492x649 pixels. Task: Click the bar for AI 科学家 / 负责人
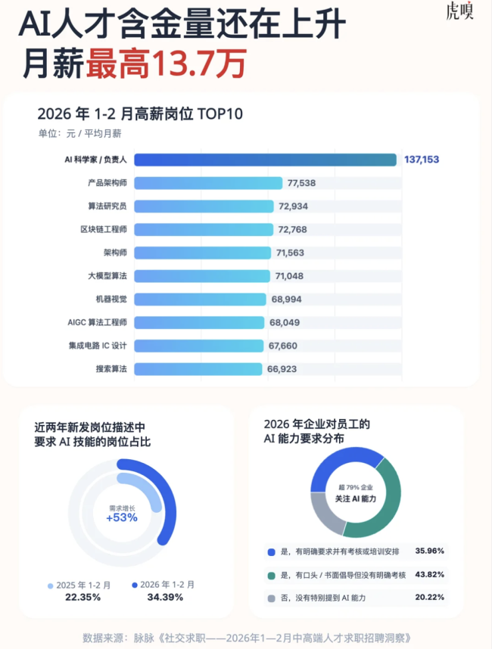[x=265, y=160]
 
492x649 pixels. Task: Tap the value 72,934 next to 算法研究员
[x=293, y=206]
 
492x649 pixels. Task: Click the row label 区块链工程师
[x=103, y=229]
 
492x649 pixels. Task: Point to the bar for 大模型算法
[x=202, y=276]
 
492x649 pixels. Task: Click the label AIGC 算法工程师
[x=97, y=322]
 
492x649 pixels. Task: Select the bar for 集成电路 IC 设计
[x=199, y=346]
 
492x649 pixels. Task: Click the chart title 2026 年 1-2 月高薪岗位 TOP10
[x=140, y=114]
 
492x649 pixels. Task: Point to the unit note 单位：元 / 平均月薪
[x=79, y=134]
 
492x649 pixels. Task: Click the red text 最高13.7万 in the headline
[x=166, y=64]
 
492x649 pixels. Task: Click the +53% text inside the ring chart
[x=121, y=518]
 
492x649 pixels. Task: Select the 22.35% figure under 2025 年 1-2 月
[x=79, y=597]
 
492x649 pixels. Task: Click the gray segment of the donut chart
[x=325, y=515]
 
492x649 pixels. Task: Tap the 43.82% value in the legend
[x=429, y=576]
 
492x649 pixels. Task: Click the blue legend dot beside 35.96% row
[x=272, y=551]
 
